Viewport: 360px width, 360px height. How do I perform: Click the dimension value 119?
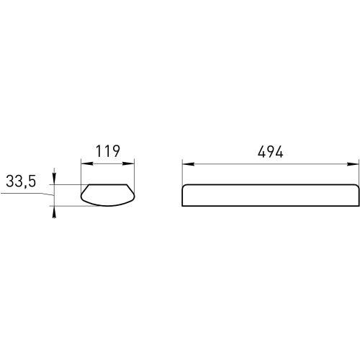tap(107, 151)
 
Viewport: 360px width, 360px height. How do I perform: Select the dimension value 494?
tap(270, 151)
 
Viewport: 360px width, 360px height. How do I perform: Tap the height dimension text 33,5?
tap(21, 182)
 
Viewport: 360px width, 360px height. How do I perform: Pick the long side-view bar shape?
tap(270, 195)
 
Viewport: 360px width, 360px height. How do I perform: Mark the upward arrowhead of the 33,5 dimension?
tap(53, 210)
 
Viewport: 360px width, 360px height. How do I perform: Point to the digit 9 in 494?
tap(270, 151)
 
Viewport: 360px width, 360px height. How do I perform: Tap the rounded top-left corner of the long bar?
tap(184, 187)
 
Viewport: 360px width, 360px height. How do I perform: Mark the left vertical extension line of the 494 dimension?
tap(181, 173)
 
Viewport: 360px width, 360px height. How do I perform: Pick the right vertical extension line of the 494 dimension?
tap(358, 173)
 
